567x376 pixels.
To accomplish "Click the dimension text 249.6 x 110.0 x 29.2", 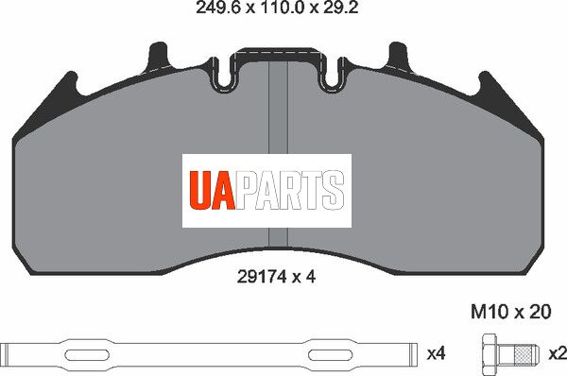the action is click(277, 8).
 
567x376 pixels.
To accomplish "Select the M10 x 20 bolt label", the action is click(510, 311).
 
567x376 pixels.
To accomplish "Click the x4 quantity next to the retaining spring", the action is click(436, 353).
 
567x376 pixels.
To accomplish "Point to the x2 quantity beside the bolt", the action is click(558, 353).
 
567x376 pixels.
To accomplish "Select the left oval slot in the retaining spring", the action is click(87, 354).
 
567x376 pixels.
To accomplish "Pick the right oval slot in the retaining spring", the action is click(330, 354).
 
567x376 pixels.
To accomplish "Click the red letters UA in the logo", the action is click(213, 191).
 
